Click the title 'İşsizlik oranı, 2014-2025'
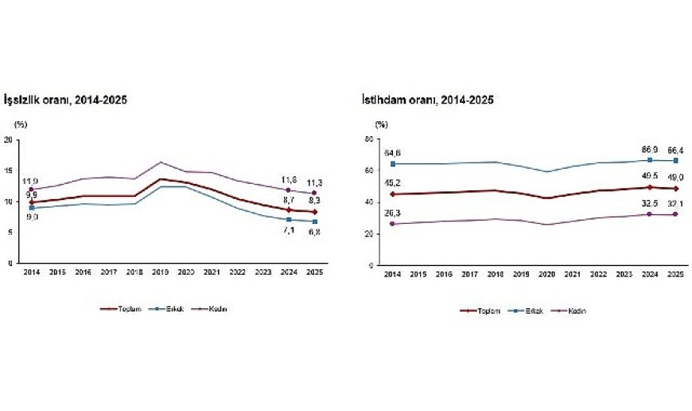point(66,100)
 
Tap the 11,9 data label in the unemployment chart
point(30,182)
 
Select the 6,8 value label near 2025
point(315,232)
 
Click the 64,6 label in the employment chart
point(392,152)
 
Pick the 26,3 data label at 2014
point(392,213)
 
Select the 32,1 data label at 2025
point(676,203)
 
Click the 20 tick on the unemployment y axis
point(8,140)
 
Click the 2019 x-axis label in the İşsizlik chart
point(160,273)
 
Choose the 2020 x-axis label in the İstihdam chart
point(547,275)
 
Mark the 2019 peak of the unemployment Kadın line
point(160,162)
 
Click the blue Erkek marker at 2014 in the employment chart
point(392,164)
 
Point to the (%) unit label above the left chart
point(20,125)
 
